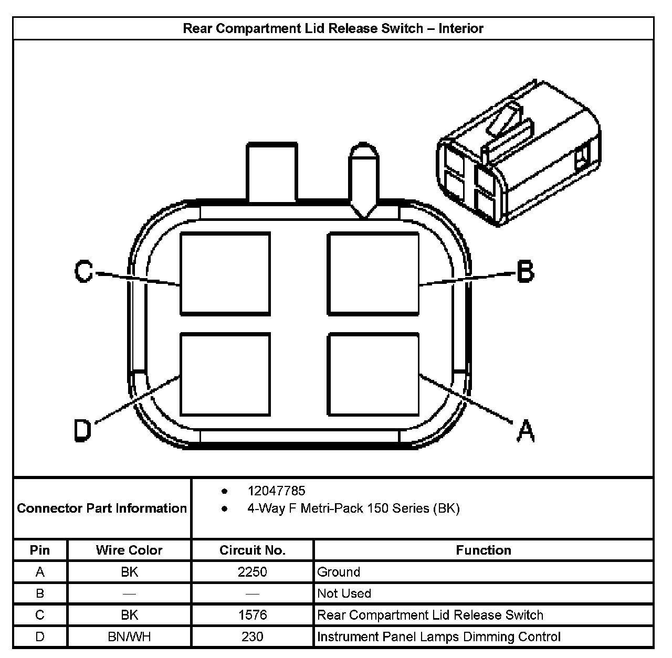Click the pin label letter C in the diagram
click(x=84, y=272)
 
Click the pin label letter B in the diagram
click(x=525, y=271)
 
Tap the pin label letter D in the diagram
click(x=82, y=430)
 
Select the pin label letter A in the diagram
click(x=525, y=431)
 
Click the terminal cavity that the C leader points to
click(x=225, y=274)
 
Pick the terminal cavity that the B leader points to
click(x=373, y=274)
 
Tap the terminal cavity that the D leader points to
click(x=225, y=374)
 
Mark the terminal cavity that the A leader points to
click(x=373, y=374)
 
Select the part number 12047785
click(x=276, y=491)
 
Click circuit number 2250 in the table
click(x=252, y=571)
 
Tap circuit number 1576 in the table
click(x=252, y=614)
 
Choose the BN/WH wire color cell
click(x=129, y=636)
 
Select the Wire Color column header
click(x=129, y=550)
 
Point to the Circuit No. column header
click(x=252, y=550)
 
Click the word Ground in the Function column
click(x=339, y=571)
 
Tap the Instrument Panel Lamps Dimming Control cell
click(x=439, y=636)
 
